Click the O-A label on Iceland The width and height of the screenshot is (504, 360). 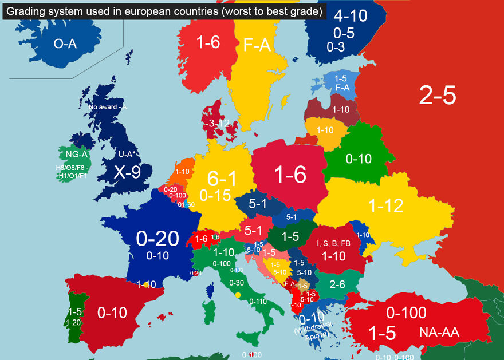[x=65, y=44]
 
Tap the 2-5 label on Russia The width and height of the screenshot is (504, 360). [x=438, y=96]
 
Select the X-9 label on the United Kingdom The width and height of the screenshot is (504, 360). [x=127, y=172]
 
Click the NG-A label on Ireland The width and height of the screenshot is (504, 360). [x=76, y=154]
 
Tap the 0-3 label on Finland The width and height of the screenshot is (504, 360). [x=336, y=48]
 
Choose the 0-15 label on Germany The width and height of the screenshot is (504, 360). [x=215, y=196]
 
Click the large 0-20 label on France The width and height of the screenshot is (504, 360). [x=157, y=239]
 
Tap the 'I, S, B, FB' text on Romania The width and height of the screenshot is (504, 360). [x=333, y=243]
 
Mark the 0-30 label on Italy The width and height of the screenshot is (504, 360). [x=237, y=283]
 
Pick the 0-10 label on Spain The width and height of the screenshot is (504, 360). [x=112, y=313]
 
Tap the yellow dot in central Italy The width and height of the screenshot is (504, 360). [x=238, y=295]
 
